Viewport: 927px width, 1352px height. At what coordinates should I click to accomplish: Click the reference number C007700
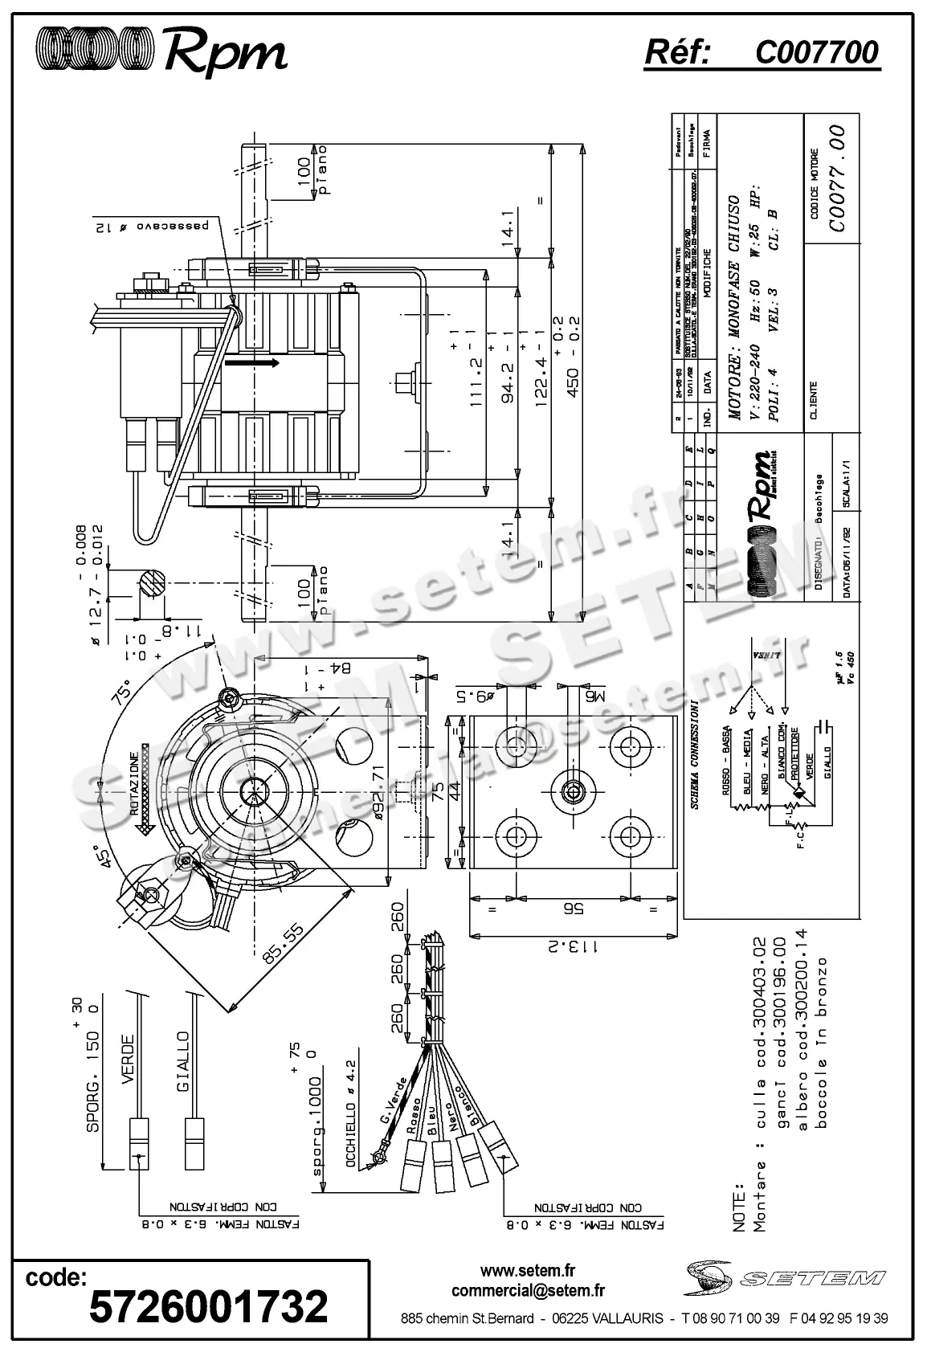click(816, 53)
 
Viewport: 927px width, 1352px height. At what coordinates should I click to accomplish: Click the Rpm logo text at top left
click(226, 51)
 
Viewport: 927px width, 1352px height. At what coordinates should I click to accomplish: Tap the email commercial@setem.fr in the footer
click(528, 1291)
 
